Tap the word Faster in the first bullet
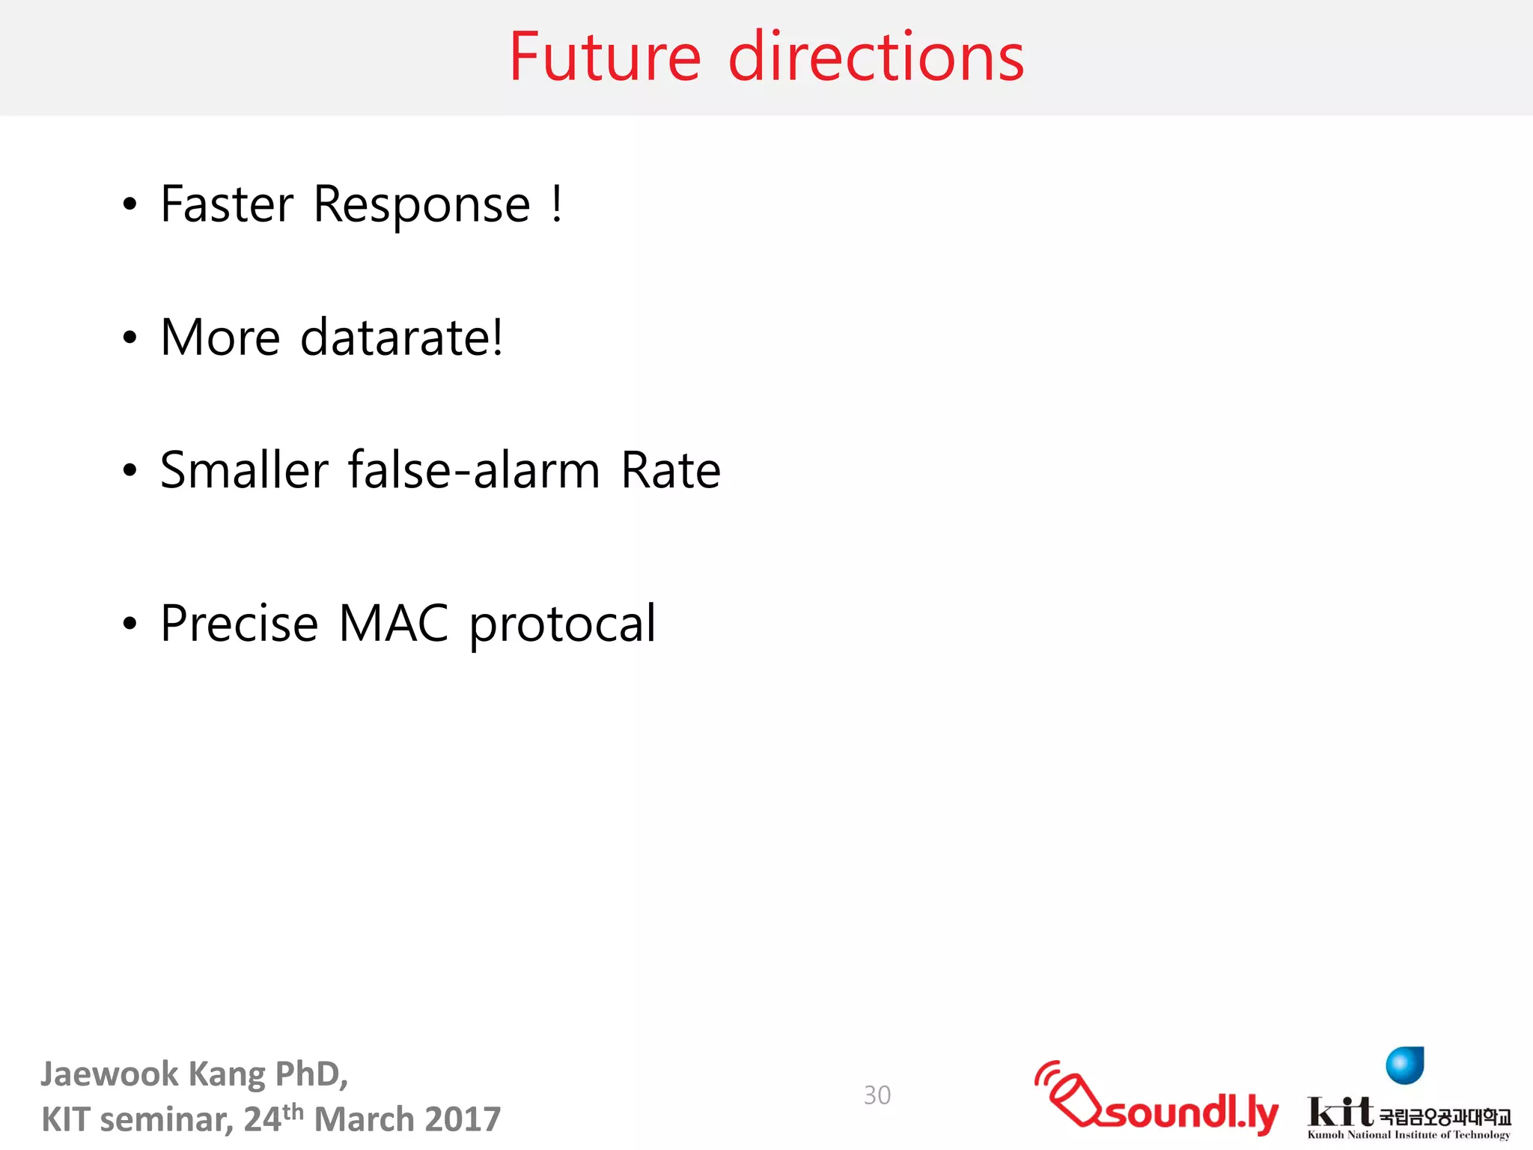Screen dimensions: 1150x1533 [x=227, y=204]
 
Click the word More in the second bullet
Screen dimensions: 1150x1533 [x=220, y=338]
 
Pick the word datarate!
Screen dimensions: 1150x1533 [x=402, y=338]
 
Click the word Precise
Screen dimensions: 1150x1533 [x=240, y=624]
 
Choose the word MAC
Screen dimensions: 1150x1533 [x=394, y=623]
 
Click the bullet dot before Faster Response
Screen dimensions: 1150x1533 [x=130, y=204]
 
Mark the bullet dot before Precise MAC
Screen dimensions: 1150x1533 [x=130, y=623]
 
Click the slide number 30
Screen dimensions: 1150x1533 [x=877, y=1095]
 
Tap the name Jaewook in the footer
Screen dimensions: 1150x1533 [x=109, y=1074]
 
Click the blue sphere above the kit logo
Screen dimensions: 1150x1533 [x=1404, y=1065]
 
